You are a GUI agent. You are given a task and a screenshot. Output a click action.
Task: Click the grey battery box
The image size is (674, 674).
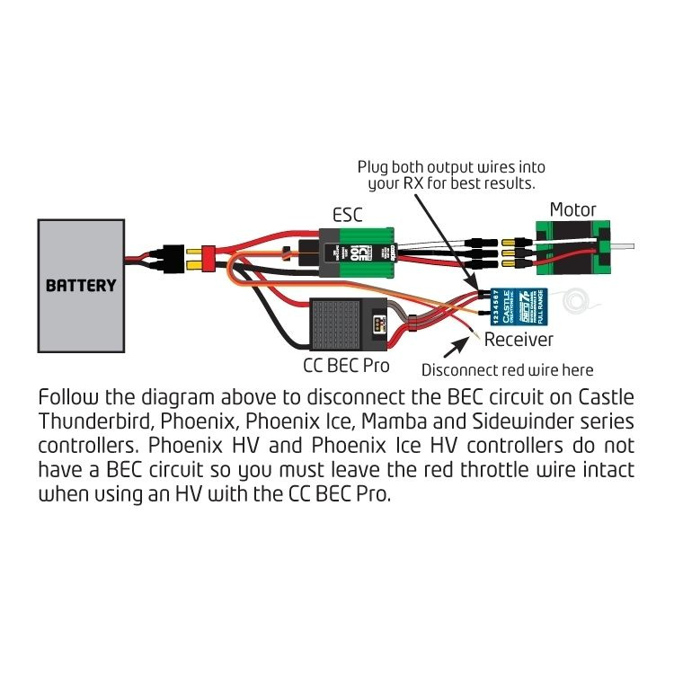click(x=81, y=285)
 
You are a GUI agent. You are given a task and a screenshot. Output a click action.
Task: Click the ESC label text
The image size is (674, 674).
click(x=348, y=216)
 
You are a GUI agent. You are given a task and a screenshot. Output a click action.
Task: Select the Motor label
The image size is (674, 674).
click(x=572, y=208)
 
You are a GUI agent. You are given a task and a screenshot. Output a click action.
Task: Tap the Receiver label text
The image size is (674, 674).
click(x=519, y=340)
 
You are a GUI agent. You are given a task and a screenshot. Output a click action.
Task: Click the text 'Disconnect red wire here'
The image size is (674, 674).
click(x=507, y=369)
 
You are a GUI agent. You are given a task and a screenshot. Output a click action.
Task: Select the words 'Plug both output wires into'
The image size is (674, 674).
click(x=451, y=167)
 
